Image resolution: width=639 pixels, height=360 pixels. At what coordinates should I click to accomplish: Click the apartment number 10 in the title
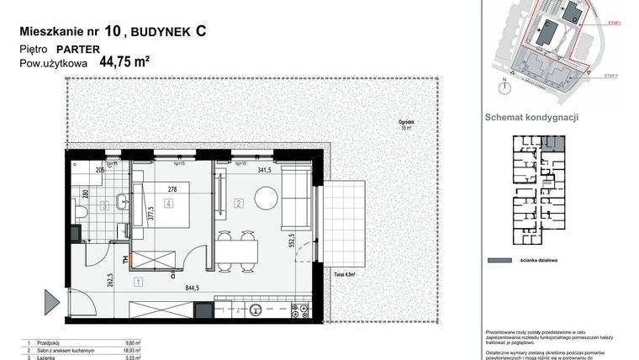(112, 32)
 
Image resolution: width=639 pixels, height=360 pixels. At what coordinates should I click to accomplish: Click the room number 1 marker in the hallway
(138, 283)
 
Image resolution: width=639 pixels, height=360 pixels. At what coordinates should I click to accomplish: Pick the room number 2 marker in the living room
(239, 203)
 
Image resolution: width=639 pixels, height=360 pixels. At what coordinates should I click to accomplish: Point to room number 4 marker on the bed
(169, 204)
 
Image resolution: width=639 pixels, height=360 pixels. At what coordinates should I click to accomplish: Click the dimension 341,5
(267, 170)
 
